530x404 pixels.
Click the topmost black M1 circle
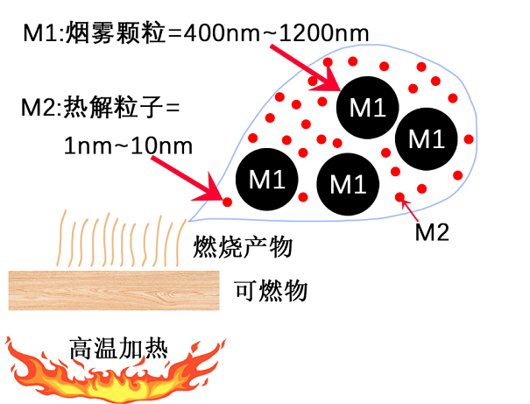pyautogui.click(x=367, y=106)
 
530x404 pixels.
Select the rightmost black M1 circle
pyautogui.click(x=427, y=137)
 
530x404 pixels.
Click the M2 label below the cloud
pyautogui.click(x=431, y=231)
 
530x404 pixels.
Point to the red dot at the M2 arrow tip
pyautogui.click(x=400, y=196)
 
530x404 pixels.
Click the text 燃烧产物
pyautogui.click(x=242, y=247)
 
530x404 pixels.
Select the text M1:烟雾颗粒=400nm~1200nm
pyautogui.click(x=195, y=33)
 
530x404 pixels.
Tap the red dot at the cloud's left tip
pyautogui.click(x=227, y=202)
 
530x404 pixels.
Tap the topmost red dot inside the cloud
pyautogui.click(x=328, y=63)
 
